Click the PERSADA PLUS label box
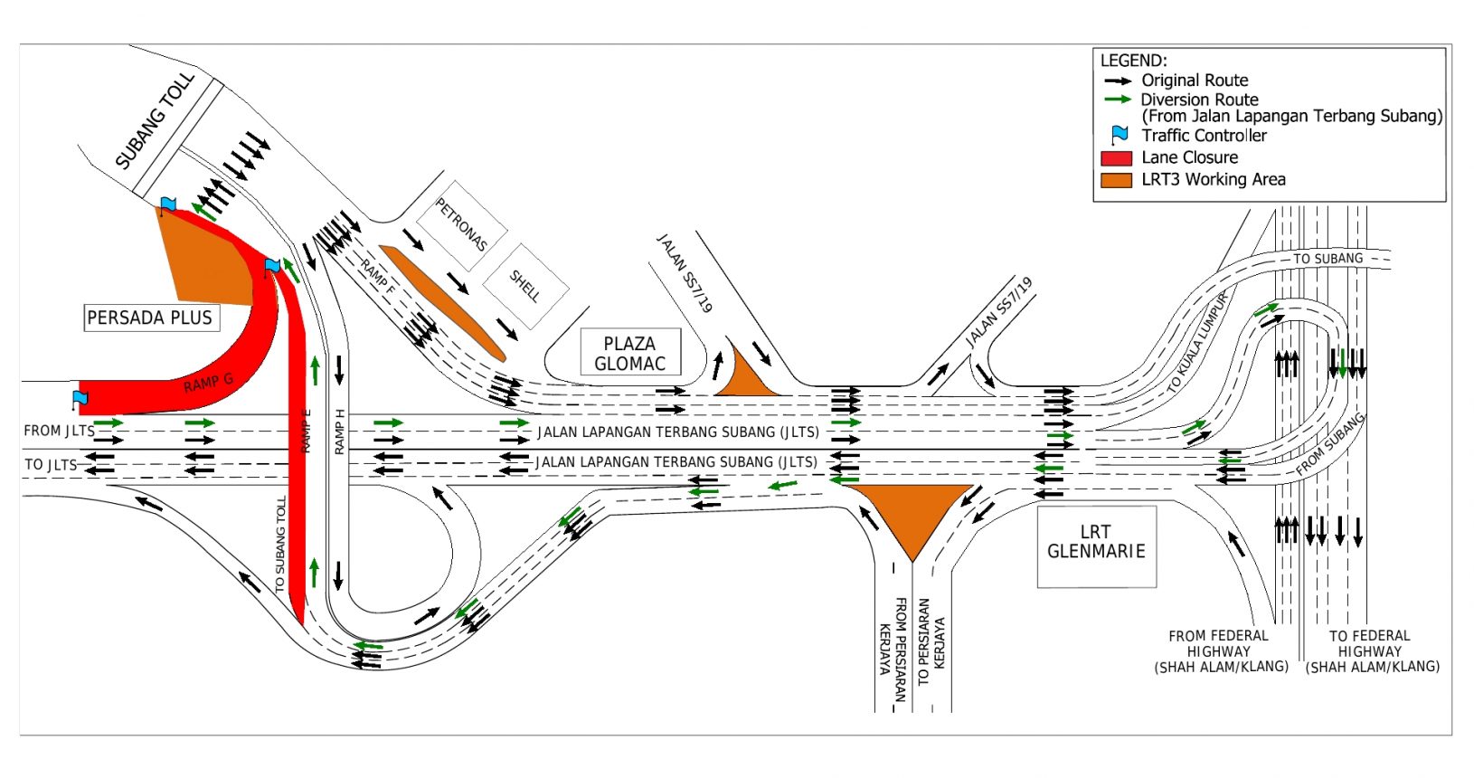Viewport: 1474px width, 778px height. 150,318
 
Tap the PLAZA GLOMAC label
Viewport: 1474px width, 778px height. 629,353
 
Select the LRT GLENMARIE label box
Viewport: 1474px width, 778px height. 1096,542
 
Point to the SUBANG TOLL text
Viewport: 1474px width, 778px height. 155,120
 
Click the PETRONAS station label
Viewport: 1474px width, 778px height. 461,225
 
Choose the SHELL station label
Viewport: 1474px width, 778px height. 524,286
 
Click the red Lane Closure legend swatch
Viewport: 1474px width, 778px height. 1116,157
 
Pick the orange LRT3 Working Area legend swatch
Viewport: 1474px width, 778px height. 1116,179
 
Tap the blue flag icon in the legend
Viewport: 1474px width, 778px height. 1120,135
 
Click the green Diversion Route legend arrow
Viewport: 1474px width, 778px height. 1118,100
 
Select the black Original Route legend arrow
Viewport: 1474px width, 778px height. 1118,81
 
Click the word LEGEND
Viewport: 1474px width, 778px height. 1133,61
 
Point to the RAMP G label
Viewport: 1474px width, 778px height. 209,383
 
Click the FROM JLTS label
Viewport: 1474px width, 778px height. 59,431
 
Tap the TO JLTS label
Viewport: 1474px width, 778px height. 51,464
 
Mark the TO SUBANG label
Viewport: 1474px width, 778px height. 1328,259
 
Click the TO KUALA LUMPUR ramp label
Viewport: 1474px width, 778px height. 1197,342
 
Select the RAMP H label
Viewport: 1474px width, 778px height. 339,432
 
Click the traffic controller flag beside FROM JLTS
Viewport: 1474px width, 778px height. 80,398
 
